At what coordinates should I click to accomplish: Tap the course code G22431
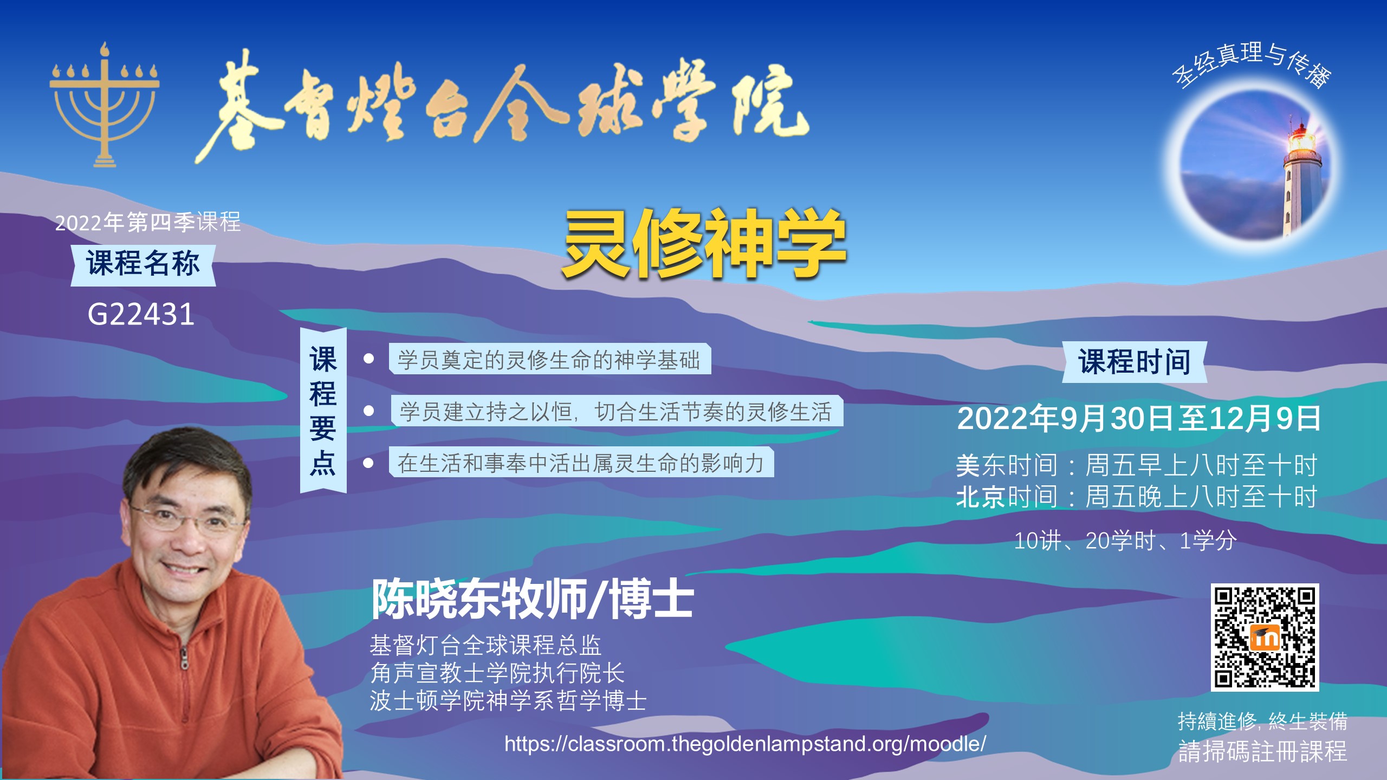141,314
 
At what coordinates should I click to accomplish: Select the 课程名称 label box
143,265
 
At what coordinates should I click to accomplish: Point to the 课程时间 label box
1135,362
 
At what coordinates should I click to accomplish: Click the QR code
1265,638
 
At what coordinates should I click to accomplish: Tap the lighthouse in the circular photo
1300,179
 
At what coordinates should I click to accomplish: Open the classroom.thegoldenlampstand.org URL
746,744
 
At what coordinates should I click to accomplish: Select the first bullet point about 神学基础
549,359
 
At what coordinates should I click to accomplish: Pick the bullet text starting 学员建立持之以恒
616,412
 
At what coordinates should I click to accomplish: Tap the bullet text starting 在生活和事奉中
581,463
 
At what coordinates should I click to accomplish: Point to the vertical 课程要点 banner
323,411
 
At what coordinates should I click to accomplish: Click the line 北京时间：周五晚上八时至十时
1137,497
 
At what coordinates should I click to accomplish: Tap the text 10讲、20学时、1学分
1125,541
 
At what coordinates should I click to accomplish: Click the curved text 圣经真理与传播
1252,64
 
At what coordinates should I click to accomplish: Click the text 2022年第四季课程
148,222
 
